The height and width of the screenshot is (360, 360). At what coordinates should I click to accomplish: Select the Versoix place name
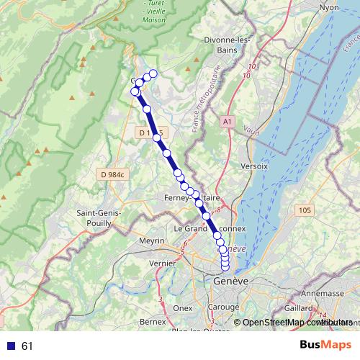pyautogui.click(x=255, y=166)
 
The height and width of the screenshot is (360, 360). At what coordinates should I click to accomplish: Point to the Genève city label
pyautogui.click(x=230, y=281)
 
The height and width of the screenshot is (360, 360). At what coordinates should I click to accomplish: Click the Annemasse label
pyautogui.click(x=321, y=293)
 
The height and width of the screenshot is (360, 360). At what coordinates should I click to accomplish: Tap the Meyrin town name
pyautogui.click(x=152, y=240)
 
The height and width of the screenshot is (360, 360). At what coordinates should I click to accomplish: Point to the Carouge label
pyautogui.click(x=224, y=307)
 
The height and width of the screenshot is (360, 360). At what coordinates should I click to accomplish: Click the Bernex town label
pyautogui.click(x=153, y=321)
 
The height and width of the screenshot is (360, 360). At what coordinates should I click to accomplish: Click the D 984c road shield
pyautogui.click(x=113, y=174)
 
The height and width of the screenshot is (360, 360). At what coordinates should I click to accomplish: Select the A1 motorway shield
pyautogui.click(x=229, y=122)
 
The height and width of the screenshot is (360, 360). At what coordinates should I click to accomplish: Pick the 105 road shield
pyautogui.click(x=304, y=210)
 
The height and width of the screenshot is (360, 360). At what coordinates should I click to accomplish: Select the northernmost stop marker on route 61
pyautogui.click(x=153, y=73)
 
